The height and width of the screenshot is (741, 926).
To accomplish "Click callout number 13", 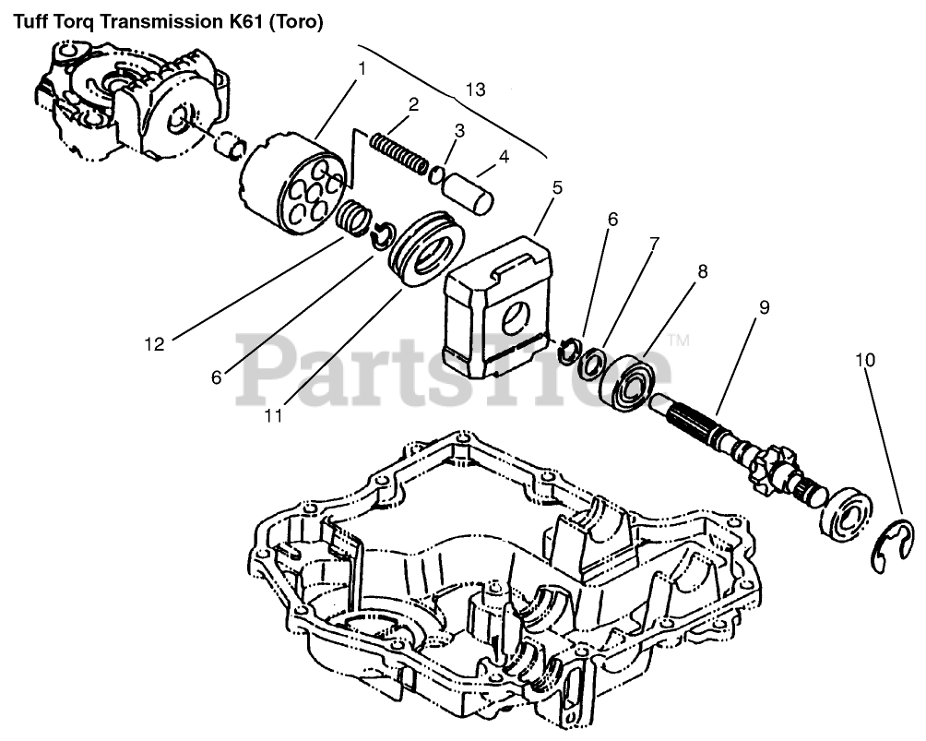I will click(x=474, y=90).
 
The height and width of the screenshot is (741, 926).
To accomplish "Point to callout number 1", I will click(x=362, y=68).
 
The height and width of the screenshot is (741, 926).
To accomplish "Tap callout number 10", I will click(x=865, y=359).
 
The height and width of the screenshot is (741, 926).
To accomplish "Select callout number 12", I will click(x=153, y=344).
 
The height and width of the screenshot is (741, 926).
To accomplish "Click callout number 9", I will click(x=764, y=307).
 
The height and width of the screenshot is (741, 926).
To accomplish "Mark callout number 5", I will click(x=557, y=187).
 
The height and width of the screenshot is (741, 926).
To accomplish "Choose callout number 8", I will click(x=703, y=272).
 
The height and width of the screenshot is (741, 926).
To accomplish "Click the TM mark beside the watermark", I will click(x=679, y=341).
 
